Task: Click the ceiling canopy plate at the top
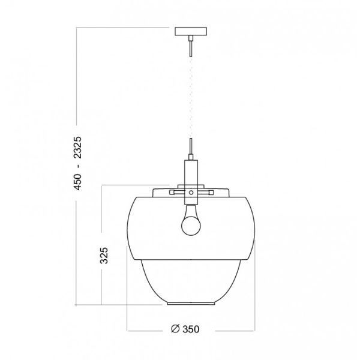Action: pyautogui.click(x=190, y=31)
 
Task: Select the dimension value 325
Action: pyautogui.click(x=103, y=256)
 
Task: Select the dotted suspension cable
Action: pyautogui.click(x=190, y=96)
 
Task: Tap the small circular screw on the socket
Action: pyautogui.click(x=190, y=193)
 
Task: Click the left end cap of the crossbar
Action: pyautogui.click(x=171, y=193)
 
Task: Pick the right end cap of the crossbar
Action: pyautogui.click(x=210, y=193)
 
